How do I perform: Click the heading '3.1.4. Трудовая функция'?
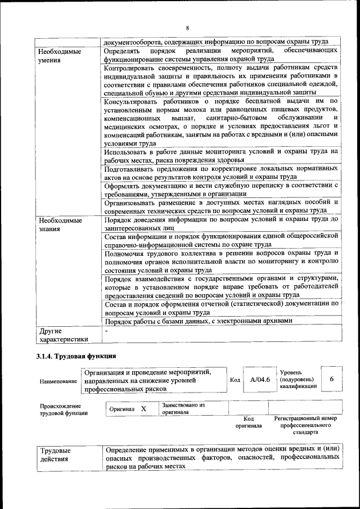click(x=76, y=356)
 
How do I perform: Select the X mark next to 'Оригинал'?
click(x=143, y=409)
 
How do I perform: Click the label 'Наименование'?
click(x=58, y=381)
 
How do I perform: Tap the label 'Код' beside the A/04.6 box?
click(x=235, y=380)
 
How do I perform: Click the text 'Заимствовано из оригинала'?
click(x=183, y=408)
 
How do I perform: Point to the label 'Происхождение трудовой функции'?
click(x=64, y=409)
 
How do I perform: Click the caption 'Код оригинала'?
click(x=248, y=422)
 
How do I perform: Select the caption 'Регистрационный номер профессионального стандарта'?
click(x=305, y=425)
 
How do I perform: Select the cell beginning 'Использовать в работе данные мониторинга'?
click(x=220, y=156)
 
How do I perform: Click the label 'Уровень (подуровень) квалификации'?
click(x=297, y=380)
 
